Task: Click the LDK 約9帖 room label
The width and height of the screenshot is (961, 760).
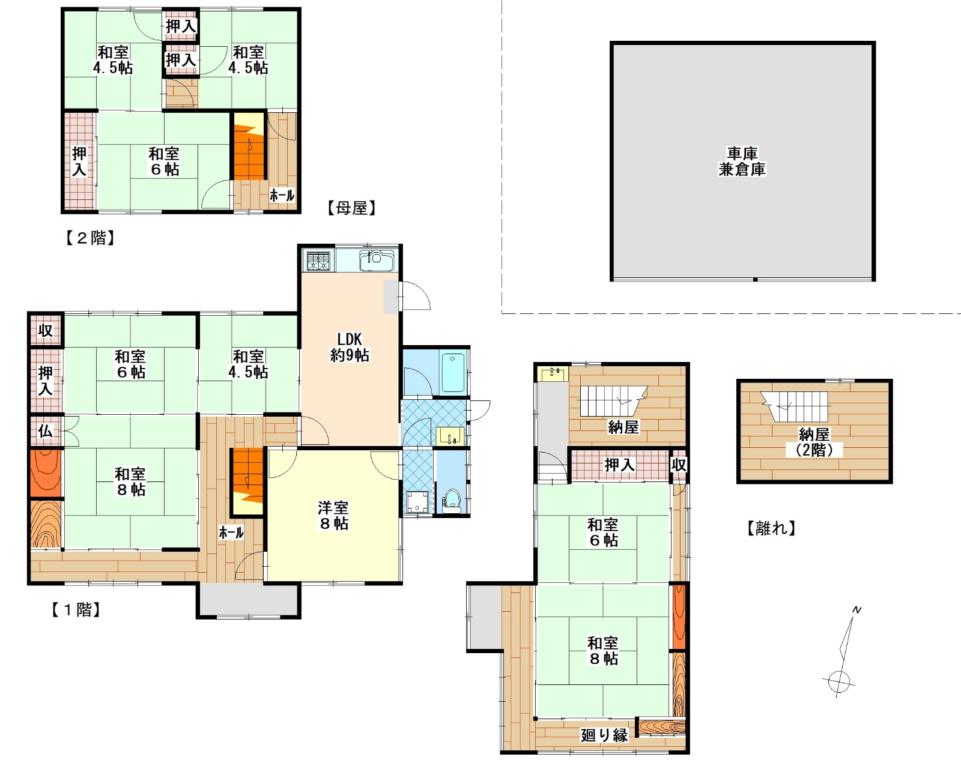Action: [x=349, y=347]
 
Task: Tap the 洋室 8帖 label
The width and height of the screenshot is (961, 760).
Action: [x=333, y=516]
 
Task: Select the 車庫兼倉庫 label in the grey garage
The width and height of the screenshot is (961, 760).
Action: [x=742, y=161]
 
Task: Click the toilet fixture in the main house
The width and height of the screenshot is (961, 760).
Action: [x=452, y=502]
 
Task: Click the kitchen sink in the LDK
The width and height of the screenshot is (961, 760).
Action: [x=377, y=261]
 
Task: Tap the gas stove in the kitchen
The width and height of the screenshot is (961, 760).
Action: [x=318, y=261]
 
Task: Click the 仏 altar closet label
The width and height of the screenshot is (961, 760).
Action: [x=45, y=431]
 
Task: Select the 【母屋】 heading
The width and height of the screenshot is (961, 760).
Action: [x=352, y=208]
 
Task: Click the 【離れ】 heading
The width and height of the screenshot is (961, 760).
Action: [x=772, y=528]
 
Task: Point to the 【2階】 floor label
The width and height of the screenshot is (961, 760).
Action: [x=91, y=238]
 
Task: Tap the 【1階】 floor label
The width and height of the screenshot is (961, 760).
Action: [x=76, y=609]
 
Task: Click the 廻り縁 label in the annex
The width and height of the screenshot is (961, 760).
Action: [x=604, y=735]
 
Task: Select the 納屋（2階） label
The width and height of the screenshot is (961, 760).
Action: [x=814, y=442]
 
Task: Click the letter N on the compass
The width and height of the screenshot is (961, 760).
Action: [x=856, y=609]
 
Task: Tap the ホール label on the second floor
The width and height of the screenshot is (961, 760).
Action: [x=282, y=195]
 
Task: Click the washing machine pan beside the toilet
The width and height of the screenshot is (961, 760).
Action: [x=417, y=502]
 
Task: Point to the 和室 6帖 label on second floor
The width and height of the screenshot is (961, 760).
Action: [x=164, y=161]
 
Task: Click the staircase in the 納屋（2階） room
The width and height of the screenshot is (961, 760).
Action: [x=795, y=406]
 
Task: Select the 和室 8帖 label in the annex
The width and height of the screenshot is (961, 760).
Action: [x=603, y=650]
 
